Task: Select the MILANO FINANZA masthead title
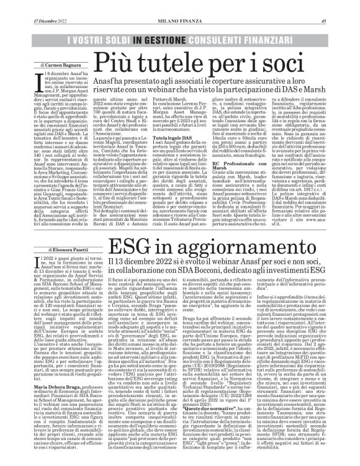click(179, 6)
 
